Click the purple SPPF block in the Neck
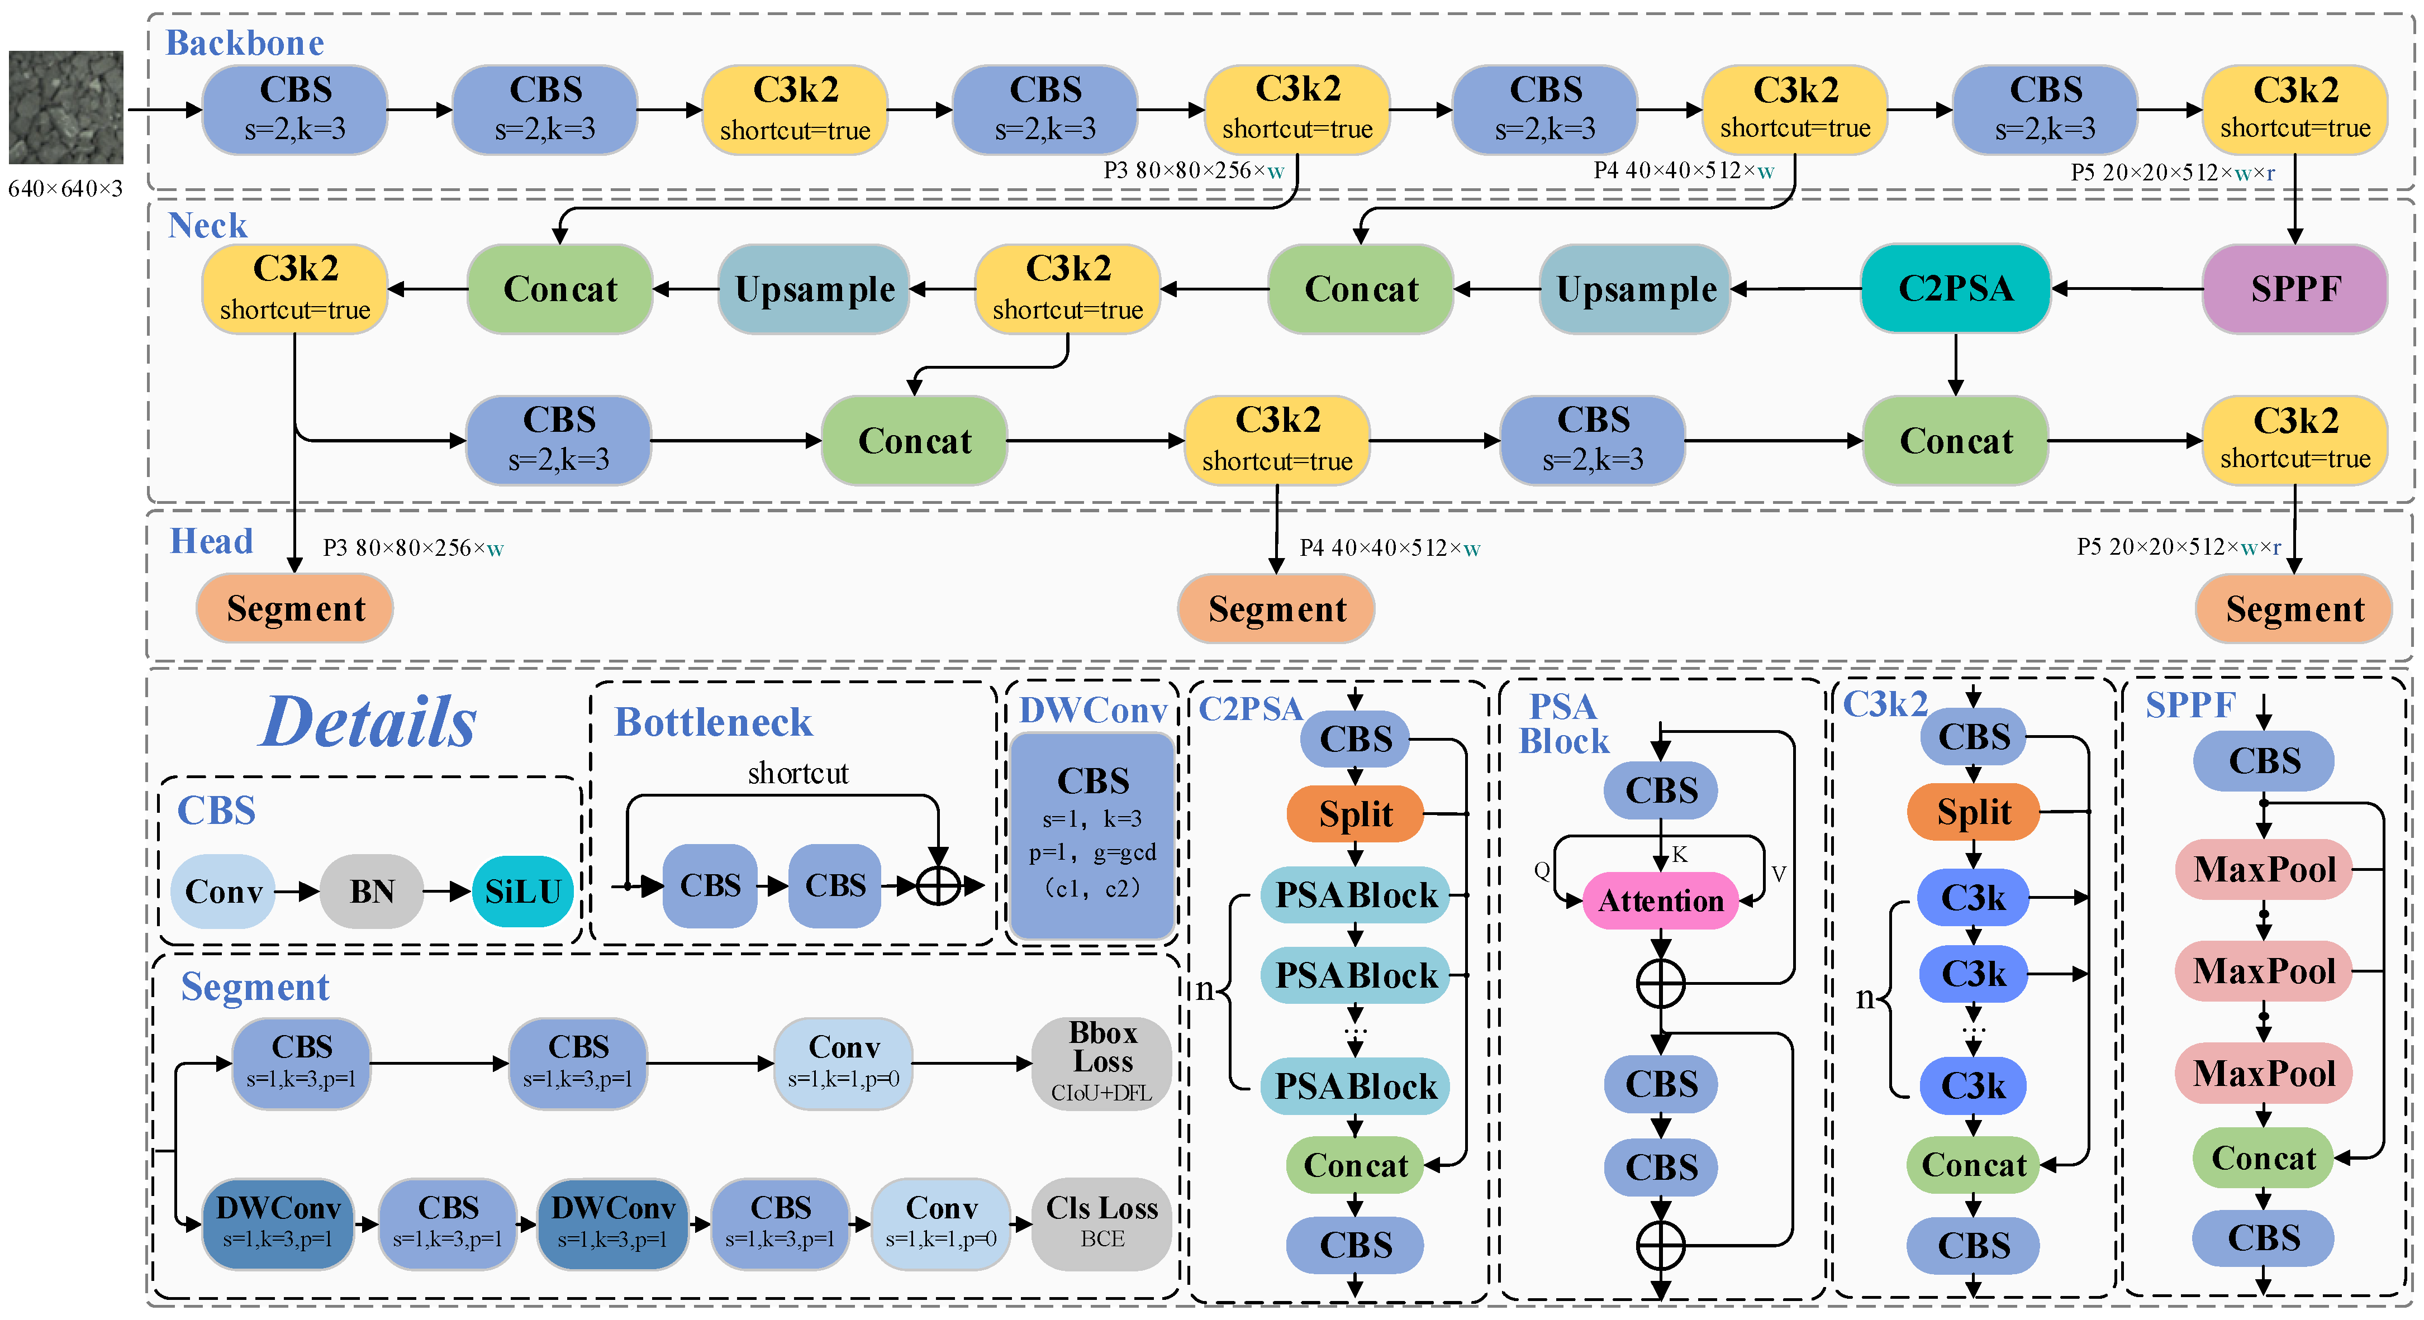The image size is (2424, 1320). click(2294, 289)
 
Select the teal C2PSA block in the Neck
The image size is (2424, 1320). click(1955, 289)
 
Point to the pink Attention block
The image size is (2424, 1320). click(1660, 900)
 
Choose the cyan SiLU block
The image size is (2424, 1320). click(522, 891)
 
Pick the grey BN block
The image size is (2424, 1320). click(372, 891)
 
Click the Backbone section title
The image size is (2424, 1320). click(245, 43)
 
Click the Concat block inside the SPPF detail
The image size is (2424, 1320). click(2263, 1157)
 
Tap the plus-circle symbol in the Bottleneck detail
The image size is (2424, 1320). click(938, 885)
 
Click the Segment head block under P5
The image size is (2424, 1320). click(2294, 609)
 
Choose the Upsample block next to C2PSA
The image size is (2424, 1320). click(1636, 289)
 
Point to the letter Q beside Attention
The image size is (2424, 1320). click(1541, 870)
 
